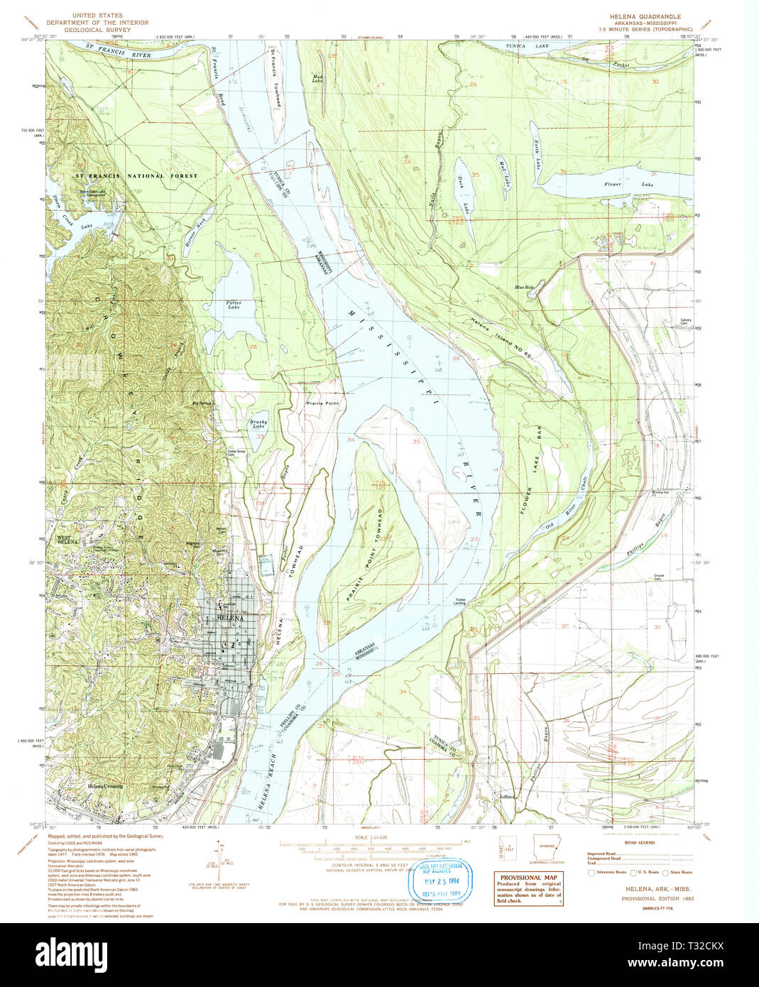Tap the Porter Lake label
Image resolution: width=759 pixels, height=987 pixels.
234,305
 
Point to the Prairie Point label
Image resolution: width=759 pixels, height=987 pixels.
322,403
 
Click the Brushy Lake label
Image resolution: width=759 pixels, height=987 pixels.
257,424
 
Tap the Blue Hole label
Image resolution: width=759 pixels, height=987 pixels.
525,288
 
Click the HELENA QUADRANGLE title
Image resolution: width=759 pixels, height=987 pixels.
645,16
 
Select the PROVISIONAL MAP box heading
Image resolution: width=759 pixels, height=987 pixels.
528,877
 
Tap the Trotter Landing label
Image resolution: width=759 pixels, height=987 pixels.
460,601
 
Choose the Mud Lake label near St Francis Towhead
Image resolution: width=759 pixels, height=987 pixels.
317,78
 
